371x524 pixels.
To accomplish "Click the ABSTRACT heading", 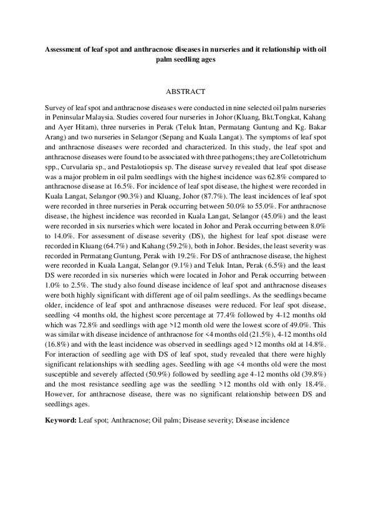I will click(x=186, y=91).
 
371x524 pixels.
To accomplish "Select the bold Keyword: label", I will click(x=61, y=420).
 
